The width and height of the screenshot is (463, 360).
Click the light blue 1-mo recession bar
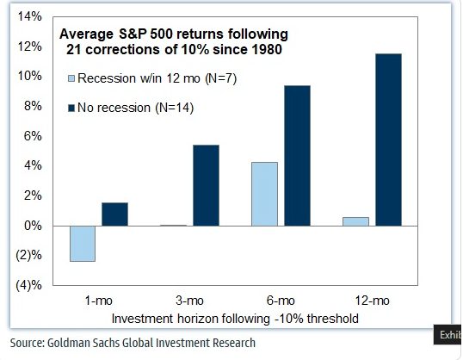tap(83, 243)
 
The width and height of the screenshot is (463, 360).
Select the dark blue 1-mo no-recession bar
tap(114, 214)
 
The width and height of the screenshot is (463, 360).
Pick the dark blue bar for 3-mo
tap(206, 185)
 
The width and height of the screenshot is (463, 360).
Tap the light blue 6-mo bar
tap(264, 194)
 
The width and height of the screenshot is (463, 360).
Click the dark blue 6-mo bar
tap(296, 156)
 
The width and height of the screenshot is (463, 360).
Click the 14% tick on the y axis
tap(29, 17)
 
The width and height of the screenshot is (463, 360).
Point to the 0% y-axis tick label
tap(32, 226)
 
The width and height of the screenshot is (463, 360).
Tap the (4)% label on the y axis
tap(28, 285)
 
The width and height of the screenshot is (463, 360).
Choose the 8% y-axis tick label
tap(32, 107)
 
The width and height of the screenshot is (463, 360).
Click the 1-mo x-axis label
tap(98, 301)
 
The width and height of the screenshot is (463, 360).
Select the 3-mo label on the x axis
tap(189, 301)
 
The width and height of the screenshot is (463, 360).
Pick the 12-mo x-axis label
tap(371, 301)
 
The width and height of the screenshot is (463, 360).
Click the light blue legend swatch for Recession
tap(71, 79)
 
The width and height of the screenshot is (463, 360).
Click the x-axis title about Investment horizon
tap(236, 318)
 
